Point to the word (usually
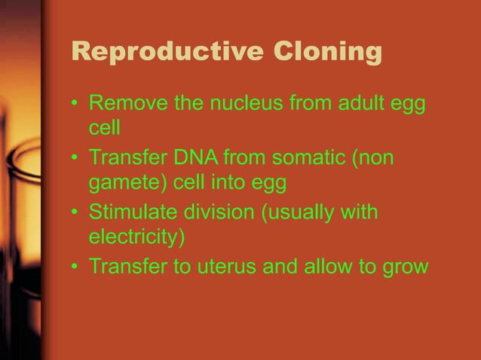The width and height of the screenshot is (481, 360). click(298, 213)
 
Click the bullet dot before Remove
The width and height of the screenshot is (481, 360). click(76, 102)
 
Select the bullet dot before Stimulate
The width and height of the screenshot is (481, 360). click(76, 214)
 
